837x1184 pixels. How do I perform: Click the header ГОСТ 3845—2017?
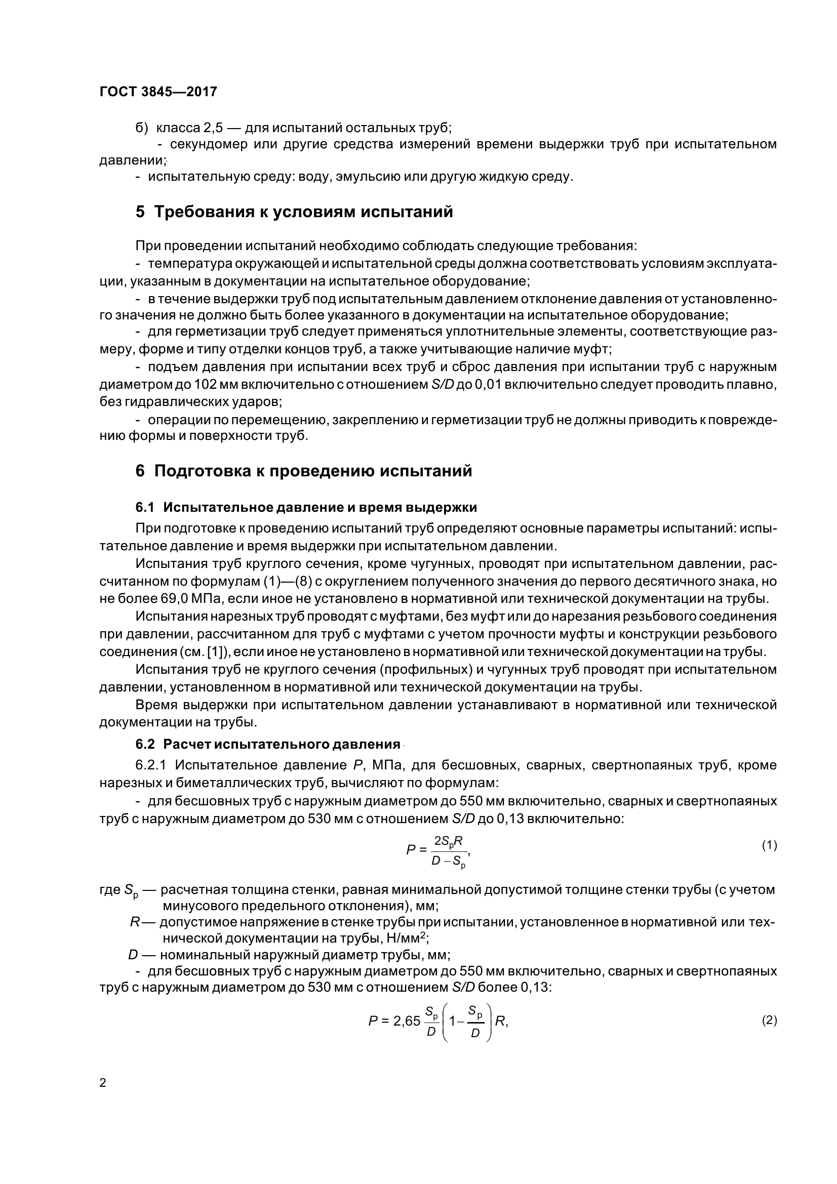pos(158,92)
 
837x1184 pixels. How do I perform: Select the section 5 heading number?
pos(140,212)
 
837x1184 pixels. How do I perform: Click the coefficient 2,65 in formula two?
pos(407,1021)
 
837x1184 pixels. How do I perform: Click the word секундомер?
pos(208,144)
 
